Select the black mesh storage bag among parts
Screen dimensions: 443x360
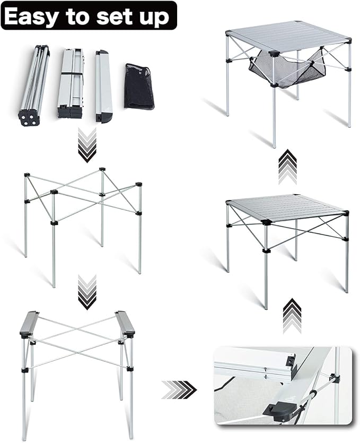[x=139, y=86]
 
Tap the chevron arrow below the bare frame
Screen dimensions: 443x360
[x=87, y=291]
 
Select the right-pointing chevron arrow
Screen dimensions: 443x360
[x=179, y=389]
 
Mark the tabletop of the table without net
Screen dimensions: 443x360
[x=286, y=207]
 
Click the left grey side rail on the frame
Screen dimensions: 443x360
[x=30, y=323]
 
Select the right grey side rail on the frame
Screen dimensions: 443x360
[x=125, y=323]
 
